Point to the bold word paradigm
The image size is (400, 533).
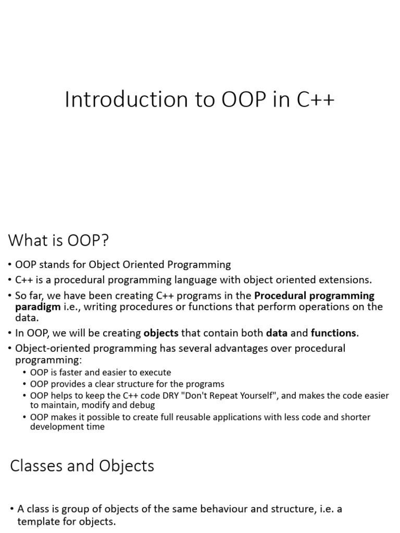pyautogui.click(x=37, y=307)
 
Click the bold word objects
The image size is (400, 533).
pyautogui.click(x=161, y=333)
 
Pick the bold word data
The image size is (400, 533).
pyautogui.click(x=277, y=333)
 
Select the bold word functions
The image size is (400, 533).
pyautogui.click(x=333, y=333)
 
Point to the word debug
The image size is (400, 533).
pyautogui.click(x=146, y=404)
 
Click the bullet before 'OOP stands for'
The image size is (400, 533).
pyautogui.click(x=11, y=265)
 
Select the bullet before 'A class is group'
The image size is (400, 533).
pyautogui.click(x=12, y=509)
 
